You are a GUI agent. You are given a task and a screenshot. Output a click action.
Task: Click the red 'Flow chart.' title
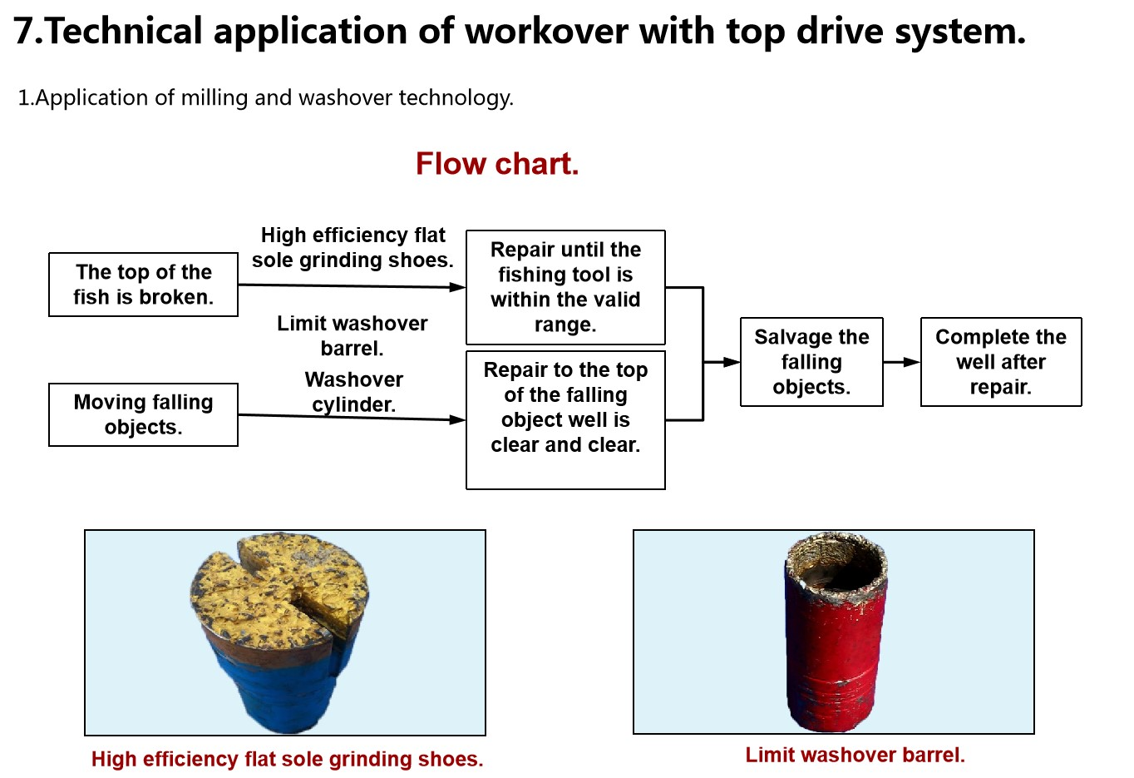pos(496,164)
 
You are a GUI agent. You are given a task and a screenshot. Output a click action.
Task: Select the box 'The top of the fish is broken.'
pos(143,285)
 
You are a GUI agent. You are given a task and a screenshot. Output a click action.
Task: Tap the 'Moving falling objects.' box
pos(143,414)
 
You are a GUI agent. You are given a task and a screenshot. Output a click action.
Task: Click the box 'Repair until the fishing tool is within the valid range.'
pos(565,287)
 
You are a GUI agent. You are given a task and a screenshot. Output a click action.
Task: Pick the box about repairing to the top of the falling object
pos(565,419)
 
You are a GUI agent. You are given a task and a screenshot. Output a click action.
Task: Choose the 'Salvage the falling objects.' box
pos(811,362)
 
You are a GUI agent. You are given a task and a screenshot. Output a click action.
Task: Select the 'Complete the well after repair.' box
pos(1001,362)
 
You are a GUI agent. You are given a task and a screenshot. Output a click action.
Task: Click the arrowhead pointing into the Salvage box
pos(731,362)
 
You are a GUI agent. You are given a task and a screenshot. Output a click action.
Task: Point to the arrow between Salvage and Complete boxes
pos(902,362)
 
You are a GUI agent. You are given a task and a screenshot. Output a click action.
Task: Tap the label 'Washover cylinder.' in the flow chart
pos(354,392)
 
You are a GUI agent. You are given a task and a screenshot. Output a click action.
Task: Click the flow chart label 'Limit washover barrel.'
pos(353,335)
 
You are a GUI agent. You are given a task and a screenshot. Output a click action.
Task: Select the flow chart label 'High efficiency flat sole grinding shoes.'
pos(353,247)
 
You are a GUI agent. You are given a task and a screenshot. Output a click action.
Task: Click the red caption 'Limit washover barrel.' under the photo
pos(855,755)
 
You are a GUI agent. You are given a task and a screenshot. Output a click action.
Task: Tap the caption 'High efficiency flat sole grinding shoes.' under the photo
pos(287,759)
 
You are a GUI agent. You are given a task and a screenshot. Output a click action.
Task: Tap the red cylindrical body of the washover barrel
pos(836,649)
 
